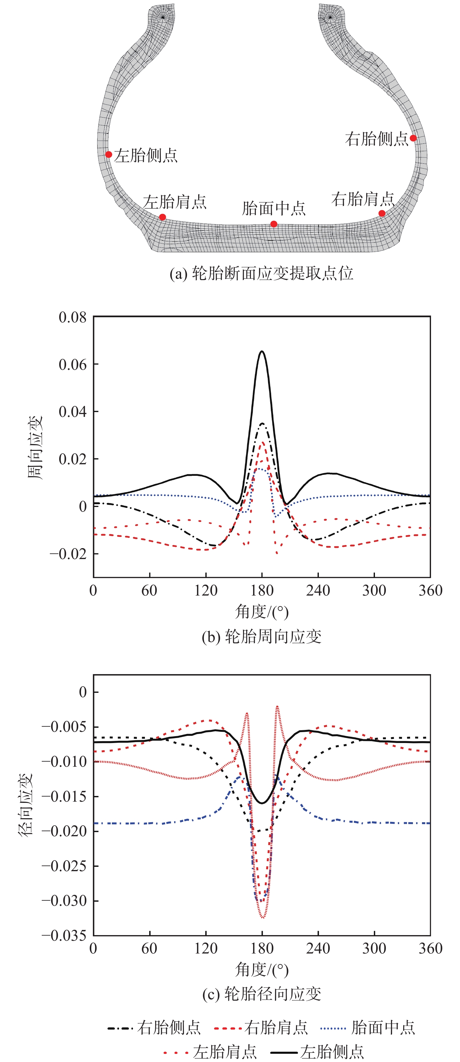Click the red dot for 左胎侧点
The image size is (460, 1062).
point(108,155)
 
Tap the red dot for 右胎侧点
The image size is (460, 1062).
point(413,138)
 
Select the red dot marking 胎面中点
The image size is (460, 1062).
point(274,224)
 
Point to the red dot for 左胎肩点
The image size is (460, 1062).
point(162,217)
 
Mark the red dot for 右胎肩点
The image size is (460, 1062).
point(382,214)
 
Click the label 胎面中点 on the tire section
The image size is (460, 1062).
point(274,209)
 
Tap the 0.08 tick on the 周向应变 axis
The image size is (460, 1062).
point(73,317)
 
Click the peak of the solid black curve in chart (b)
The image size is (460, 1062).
point(262,352)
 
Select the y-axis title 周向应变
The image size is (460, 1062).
point(35,448)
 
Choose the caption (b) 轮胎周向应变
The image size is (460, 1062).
point(261,637)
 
